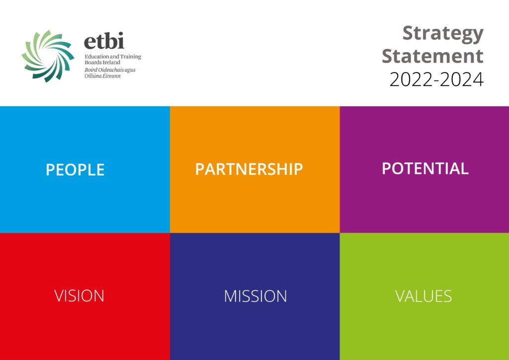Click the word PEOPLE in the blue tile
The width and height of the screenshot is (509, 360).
pos(75,170)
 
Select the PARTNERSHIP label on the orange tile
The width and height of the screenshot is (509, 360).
pos(249,169)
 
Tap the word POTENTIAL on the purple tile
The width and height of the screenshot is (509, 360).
pos(425,168)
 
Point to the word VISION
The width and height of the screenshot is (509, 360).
pos(80,296)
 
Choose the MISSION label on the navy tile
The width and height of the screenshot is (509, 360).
pos(255,296)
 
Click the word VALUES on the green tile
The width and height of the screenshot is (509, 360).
pos(424,296)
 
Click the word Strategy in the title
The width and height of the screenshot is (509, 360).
pos(442,34)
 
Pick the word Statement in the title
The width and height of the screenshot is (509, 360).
pos(432,56)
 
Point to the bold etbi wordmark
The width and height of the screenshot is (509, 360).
pos(104,41)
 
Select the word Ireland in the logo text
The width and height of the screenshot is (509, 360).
pos(111,63)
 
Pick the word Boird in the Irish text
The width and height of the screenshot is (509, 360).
pos(91,70)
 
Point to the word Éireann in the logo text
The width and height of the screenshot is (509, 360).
pos(112,77)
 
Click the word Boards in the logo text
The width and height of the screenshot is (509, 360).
pos(92,63)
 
